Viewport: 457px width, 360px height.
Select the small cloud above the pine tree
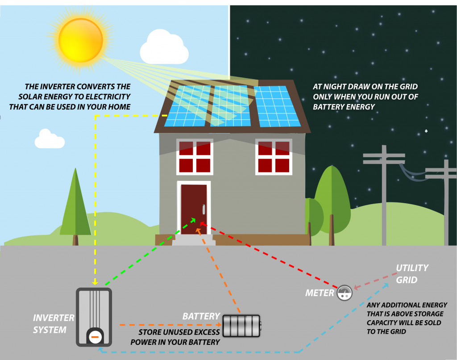(49, 139)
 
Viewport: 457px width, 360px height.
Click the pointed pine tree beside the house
(75, 205)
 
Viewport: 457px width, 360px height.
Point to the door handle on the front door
(204, 209)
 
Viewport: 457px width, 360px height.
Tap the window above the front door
(195, 157)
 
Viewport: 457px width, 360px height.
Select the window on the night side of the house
(273, 157)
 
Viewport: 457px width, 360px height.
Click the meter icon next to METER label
(344, 293)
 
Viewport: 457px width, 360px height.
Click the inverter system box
(94, 317)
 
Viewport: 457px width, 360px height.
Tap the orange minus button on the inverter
(94, 337)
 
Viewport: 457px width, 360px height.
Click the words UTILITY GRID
(411, 274)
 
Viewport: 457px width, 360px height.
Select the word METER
(320, 293)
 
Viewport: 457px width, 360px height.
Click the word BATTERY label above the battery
(201, 316)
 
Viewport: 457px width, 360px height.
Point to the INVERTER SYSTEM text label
(54, 324)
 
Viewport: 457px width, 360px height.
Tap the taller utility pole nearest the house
(384, 197)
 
